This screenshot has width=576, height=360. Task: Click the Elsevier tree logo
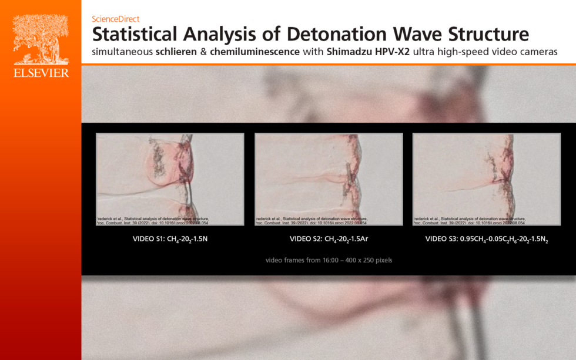click(x=41, y=39)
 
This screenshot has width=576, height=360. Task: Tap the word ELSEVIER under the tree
click(x=41, y=73)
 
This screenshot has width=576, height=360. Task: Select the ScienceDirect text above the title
click(x=116, y=19)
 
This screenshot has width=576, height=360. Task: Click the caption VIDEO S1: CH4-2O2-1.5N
click(x=170, y=239)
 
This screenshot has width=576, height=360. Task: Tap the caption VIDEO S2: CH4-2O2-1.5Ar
click(x=329, y=239)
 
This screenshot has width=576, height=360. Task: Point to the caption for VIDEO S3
click(x=487, y=239)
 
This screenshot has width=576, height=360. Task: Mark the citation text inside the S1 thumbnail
click(x=152, y=220)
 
